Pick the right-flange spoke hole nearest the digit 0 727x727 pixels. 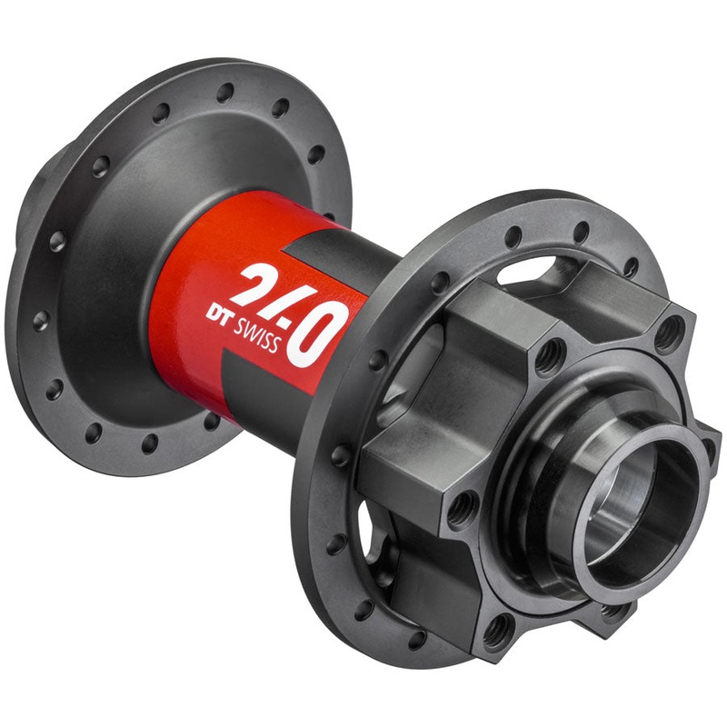(377, 359)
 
